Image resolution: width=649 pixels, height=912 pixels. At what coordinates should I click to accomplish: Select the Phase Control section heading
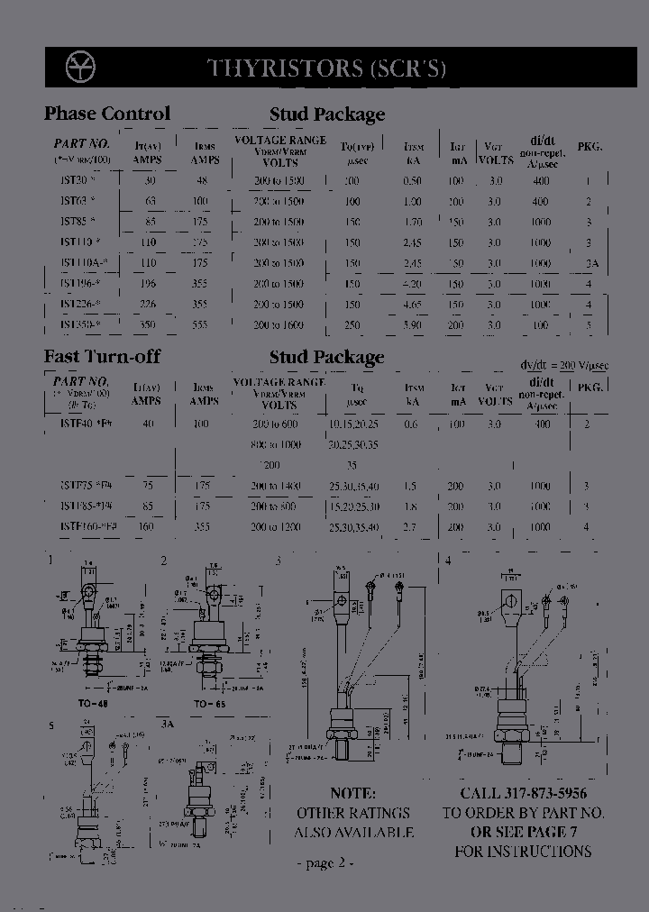(x=106, y=114)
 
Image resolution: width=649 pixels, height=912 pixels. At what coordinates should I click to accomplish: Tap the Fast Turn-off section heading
(x=102, y=357)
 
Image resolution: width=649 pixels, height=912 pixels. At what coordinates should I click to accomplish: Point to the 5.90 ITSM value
(x=412, y=325)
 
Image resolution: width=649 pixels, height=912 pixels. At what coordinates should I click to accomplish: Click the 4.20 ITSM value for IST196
(x=412, y=284)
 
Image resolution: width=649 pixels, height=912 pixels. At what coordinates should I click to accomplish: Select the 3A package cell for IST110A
(x=590, y=263)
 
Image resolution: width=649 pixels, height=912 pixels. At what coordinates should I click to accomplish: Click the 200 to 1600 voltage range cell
(x=279, y=325)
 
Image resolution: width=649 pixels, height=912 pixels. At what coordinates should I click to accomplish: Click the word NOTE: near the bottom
(x=352, y=793)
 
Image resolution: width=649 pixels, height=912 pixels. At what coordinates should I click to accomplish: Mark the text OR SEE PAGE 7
(x=523, y=832)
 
